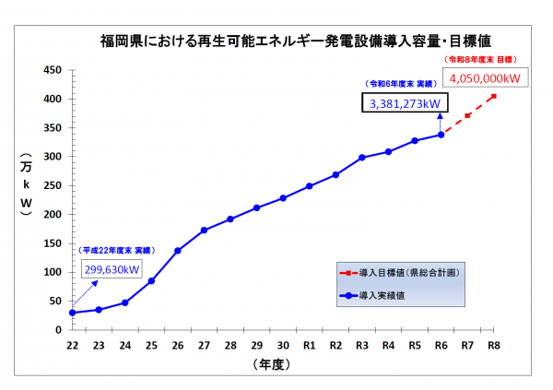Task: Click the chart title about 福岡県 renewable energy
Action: pyautogui.click(x=295, y=41)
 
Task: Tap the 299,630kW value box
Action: pyautogui.click(x=112, y=269)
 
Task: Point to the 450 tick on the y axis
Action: pyautogui.click(x=53, y=70)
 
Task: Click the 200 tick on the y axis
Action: pyautogui.click(x=53, y=214)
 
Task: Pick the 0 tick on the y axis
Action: pyautogui.click(x=58, y=329)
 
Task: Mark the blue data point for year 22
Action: pyautogui.click(x=72, y=313)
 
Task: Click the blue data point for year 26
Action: pyautogui.click(x=178, y=251)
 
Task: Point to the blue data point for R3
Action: pyautogui.click(x=362, y=158)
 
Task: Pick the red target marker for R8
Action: pyautogui.click(x=494, y=96)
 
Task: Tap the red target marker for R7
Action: pyautogui.click(x=468, y=115)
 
